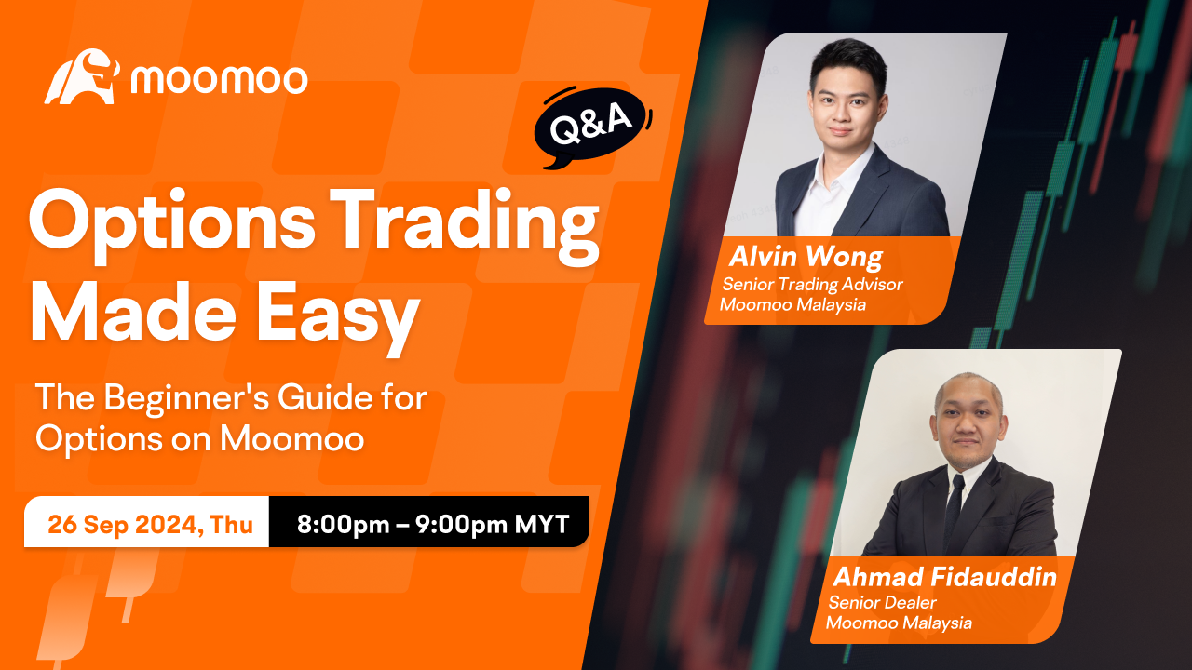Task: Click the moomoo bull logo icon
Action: point(82,76)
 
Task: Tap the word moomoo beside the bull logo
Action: point(219,80)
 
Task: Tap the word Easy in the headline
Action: point(339,315)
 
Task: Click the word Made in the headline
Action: point(133,311)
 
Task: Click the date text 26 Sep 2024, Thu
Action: point(150,524)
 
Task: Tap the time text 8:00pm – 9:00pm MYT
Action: point(433,524)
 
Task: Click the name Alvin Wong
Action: point(806,257)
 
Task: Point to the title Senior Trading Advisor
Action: point(812,285)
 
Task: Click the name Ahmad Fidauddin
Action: point(944,577)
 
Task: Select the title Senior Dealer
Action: point(882,602)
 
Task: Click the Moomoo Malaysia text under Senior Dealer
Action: point(899,623)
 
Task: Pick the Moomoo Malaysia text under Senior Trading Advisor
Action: point(792,304)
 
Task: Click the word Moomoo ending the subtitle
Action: point(292,439)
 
